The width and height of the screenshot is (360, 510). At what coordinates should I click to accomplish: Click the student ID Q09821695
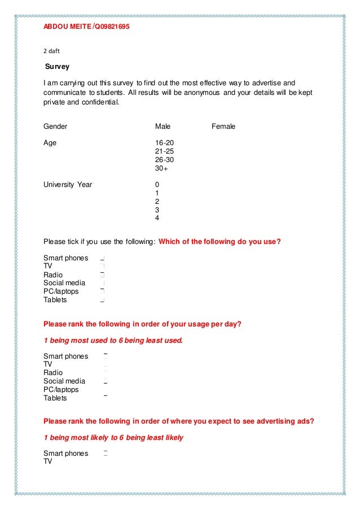pyautogui.click(x=112, y=27)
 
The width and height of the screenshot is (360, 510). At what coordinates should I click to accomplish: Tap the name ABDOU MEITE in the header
pyautogui.click(x=67, y=27)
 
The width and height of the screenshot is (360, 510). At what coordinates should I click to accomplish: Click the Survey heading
pyautogui.click(x=57, y=67)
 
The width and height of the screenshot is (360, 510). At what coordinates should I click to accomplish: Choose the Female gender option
pyautogui.click(x=223, y=127)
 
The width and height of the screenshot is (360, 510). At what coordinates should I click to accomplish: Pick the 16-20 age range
pyautogui.click(x=164, y=143)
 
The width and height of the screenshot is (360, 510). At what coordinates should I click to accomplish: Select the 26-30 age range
pyautogui.click(x=164, y=160)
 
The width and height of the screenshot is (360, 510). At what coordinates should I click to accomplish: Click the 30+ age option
pyautogui.click(x=161, y=168)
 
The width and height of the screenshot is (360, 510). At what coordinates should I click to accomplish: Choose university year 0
pyautogui.click(x=157, y=185)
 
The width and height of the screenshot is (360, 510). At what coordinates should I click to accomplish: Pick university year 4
pyautogui.click(x=157, y=218)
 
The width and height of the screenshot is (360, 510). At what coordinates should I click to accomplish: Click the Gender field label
pyautogui.click(x=55, y=127)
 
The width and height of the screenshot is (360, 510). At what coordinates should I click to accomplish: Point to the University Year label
pyautogui.click(x=68, y=185)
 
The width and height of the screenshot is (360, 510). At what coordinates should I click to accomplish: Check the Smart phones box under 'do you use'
pyautogui.click(x=103, y=258)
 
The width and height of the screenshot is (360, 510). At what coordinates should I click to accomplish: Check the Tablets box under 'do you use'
pyautogui.click(x=103, y=300)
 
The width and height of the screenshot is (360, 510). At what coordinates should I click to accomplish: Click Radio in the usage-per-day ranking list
pyautogui.click(x=53, y=373)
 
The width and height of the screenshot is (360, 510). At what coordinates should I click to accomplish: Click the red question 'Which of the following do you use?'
pyautogui.click(x=219, y=242)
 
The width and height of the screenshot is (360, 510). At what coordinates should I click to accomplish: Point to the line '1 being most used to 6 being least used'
pyautogui.click(x=113, y=340)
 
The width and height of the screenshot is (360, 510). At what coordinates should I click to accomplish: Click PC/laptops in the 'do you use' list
pyautogui.click(x=61, y=291)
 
